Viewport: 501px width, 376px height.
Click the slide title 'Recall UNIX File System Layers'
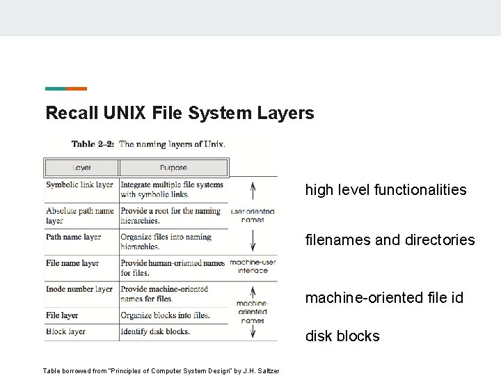pos(180,113)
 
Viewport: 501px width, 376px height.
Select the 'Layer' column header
pos(82,168)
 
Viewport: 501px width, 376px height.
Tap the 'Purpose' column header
pos(173,168)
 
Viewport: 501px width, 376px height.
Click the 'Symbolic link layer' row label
pos(79,185)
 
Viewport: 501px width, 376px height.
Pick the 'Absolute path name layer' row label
pos(79,216)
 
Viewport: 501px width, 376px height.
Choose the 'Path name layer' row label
pos(74,237)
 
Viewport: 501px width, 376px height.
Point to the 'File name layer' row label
pos(72,264)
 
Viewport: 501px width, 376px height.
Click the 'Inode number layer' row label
pos(79,289)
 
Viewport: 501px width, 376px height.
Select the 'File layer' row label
pos(62,315)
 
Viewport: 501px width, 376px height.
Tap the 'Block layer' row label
pos(65,331)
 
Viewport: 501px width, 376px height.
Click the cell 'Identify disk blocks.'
pos(154,331)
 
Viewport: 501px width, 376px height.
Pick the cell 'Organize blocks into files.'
pos(165,315)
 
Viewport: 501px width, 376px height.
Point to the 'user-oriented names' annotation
pos(253,215)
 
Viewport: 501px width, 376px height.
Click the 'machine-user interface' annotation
pos(253,266)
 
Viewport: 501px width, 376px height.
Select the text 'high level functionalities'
pos(385,189)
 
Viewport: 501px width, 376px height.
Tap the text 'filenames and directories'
pos(390,240)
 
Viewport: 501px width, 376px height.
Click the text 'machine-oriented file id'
pos(384,298)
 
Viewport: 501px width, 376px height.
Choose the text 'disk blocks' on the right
pos(342,336)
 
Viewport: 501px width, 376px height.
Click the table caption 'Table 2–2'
pos(93,145)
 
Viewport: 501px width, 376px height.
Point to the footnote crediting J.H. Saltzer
pos(161,371)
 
